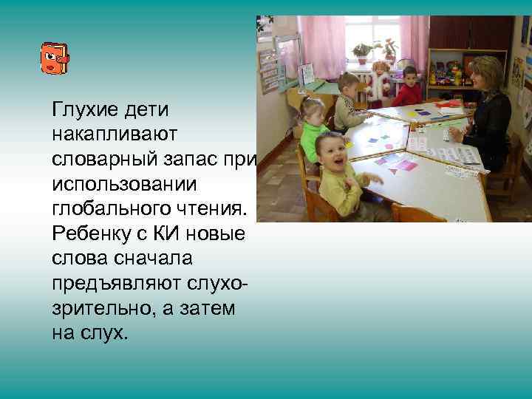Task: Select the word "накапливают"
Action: click(x=111, y=135)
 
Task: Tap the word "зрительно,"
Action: click(x=97, y=309)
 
